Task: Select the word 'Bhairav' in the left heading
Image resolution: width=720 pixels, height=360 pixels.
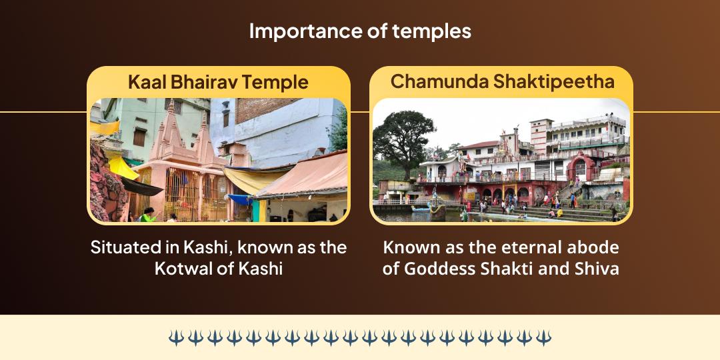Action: click(x=203, y=83)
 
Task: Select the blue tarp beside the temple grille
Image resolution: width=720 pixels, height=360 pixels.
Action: click(x=239, y=199)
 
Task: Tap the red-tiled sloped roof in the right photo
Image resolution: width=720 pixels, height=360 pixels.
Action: click(x=479, y=145)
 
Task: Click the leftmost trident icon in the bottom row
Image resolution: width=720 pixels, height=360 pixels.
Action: click(x=176, y=337)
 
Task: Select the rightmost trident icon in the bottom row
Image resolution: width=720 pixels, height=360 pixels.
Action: click(x=544, y=337)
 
